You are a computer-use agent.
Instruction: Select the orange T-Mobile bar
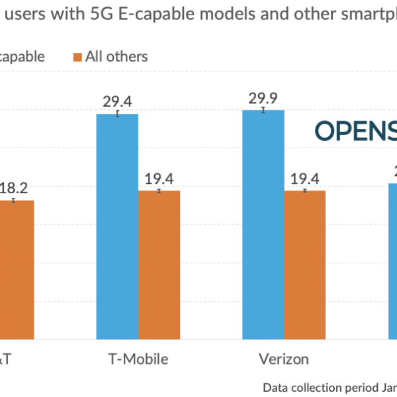159,265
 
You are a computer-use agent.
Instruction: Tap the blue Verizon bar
263,225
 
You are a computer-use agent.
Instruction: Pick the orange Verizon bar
305,265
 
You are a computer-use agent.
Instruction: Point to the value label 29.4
117,101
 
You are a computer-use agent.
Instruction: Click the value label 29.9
263,98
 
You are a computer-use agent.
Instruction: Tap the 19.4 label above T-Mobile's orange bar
159,178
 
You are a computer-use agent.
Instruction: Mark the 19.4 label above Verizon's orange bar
305,178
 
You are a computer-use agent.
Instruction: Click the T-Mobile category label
138,359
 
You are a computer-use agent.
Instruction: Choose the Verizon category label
283,359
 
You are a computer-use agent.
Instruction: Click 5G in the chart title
94,18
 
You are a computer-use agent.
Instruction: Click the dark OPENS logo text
356,131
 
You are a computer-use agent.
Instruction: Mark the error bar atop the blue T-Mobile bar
117,114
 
